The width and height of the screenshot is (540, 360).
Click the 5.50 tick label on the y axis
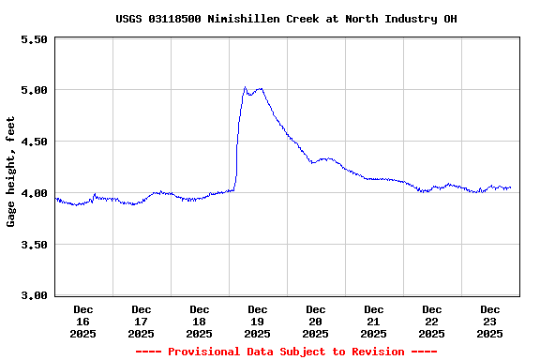point(33,39)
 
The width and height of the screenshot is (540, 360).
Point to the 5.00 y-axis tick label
point(33,90)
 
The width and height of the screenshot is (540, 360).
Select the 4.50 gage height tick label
point(33,142)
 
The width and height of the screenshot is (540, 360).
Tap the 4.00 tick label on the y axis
point(33,193)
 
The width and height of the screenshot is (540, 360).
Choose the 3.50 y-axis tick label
point(33,245)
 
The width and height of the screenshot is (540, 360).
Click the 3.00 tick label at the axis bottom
point(33,295)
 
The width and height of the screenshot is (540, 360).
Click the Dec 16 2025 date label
point(83,321)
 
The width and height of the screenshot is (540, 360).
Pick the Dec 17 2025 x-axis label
point(142,321)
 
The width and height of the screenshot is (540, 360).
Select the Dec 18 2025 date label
point(200,321)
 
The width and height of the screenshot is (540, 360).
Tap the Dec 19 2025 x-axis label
point(258,321)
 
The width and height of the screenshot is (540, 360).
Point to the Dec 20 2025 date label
point(316,321)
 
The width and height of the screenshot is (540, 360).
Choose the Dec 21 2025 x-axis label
point(374,321)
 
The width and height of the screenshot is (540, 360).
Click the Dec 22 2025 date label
point(432,321)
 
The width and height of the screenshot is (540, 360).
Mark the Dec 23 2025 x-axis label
point(490,321)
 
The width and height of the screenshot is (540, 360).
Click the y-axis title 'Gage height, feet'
point(11,172)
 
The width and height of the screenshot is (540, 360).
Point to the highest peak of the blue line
point(246,87)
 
